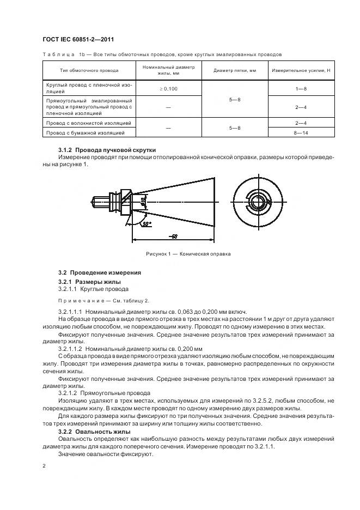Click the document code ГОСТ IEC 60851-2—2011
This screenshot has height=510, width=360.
78,39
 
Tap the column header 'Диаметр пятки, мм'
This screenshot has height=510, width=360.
234,70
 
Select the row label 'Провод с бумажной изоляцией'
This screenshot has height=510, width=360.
86,132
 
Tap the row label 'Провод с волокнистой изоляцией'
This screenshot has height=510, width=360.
89,124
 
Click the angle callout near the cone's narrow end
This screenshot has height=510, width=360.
146,223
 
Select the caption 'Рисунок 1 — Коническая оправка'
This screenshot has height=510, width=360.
188,254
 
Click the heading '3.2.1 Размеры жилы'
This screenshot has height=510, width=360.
90,282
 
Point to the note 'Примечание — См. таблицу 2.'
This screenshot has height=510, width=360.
103,300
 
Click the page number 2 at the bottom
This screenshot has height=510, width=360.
45,466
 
